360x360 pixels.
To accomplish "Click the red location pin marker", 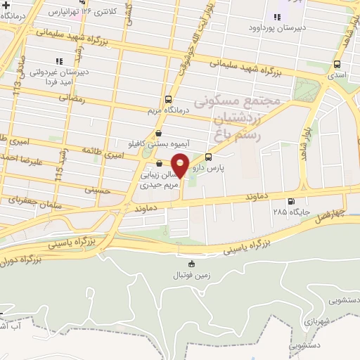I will click(181, 166).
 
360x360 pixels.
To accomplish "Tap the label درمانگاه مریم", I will click(167, 111).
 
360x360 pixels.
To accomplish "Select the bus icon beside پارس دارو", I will click(208, 157).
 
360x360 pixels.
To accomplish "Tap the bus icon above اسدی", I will click(337, 63).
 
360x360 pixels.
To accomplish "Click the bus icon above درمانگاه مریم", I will click(167, 100).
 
